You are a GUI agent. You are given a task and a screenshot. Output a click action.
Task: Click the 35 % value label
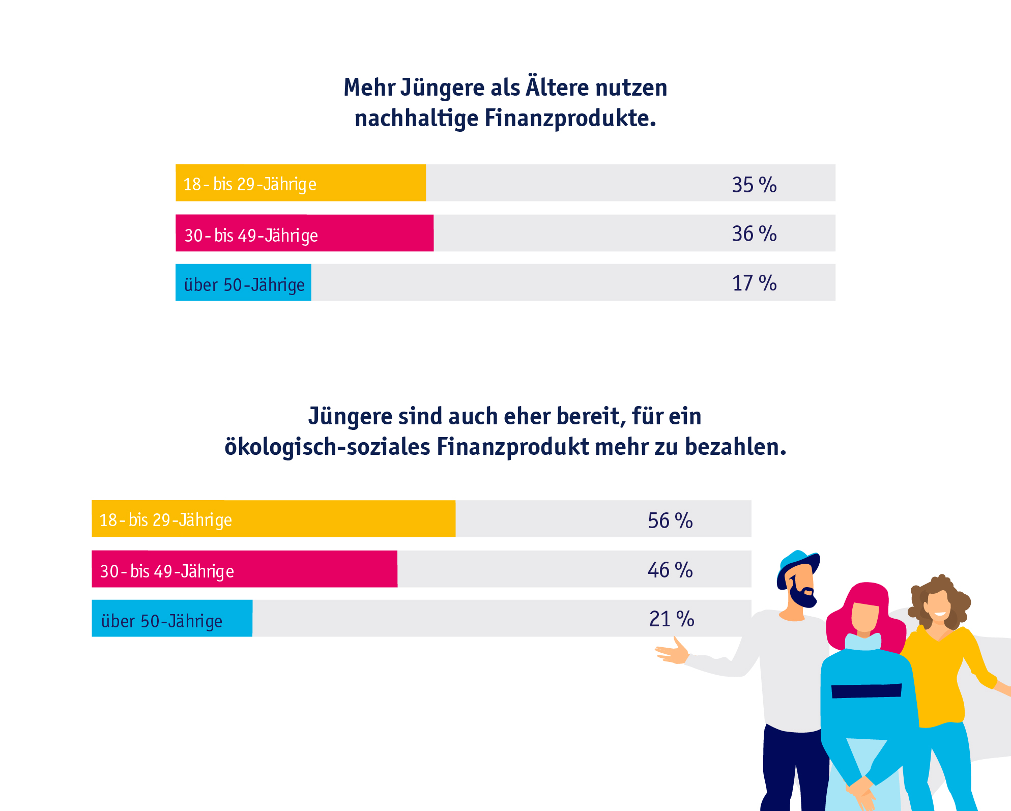[754, 184]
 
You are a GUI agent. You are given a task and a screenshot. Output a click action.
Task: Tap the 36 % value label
[754, 234]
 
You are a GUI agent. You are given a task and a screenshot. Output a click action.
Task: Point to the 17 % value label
[754, 283]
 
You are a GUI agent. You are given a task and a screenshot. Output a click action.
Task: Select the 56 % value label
[670, 520]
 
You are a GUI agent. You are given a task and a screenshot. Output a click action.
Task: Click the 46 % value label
[670, 569]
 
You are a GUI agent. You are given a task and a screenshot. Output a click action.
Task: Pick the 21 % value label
[671, 619]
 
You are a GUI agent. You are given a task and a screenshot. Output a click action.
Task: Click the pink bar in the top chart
[304, 233]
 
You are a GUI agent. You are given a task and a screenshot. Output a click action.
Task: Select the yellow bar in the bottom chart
[273, 518]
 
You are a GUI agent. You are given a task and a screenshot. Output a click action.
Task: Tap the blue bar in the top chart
[243, 282]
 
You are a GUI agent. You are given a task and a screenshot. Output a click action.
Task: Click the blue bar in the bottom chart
[172, 618]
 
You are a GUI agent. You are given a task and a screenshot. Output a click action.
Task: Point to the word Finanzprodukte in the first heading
[570, 118]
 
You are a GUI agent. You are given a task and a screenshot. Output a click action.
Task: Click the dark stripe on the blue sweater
[866, 690]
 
